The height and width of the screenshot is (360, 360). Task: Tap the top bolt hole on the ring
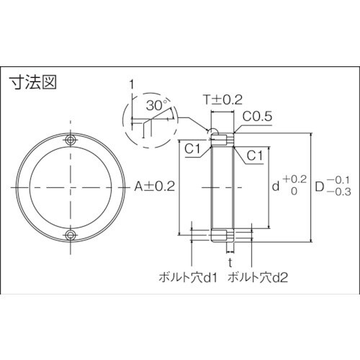[x=71, y=139]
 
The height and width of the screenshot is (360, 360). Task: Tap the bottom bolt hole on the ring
[x=71, y=235]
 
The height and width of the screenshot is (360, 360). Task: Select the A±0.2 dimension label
[x=154, y=186]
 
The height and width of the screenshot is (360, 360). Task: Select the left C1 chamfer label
[x=192, y=148]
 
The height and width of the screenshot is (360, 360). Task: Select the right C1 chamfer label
[x=253, y=155]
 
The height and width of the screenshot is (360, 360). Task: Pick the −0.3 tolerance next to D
[x=341, y=192]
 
